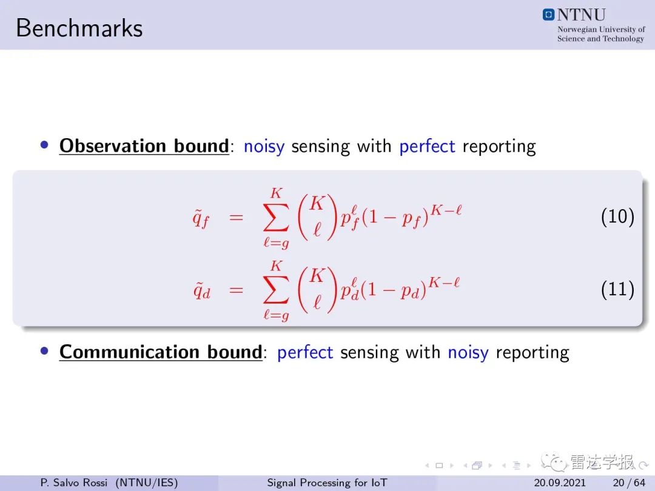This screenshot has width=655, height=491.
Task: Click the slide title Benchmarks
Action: [79, 28]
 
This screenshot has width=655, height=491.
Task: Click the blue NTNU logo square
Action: [548, 15]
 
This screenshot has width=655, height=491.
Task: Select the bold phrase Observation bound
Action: [144, 145]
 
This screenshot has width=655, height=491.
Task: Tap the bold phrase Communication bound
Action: [161, 352]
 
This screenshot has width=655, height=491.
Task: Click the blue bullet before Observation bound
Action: [44, 145]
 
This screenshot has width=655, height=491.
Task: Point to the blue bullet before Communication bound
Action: [44, 351]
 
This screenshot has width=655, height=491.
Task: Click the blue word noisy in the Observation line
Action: [264, 147]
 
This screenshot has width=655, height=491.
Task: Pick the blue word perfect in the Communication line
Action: [305, 352]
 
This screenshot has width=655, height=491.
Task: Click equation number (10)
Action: [617, 216]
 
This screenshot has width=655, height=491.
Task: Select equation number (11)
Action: [617, 289]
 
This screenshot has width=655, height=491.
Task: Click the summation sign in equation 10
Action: [276, 217]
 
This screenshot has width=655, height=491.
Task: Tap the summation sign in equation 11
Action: [276, 290]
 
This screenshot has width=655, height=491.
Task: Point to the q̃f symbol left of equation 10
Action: [201, 218]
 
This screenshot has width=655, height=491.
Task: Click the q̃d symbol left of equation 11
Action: [201, 290]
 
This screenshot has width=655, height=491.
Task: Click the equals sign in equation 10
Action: [236, 217]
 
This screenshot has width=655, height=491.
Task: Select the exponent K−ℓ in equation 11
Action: [444, 282]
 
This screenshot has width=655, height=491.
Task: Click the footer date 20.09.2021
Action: [560, 483]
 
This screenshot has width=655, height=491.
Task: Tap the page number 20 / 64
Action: [629, 483]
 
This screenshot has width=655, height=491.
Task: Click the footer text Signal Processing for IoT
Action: [327, 483]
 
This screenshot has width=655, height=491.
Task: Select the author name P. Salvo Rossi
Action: [74, 483]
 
